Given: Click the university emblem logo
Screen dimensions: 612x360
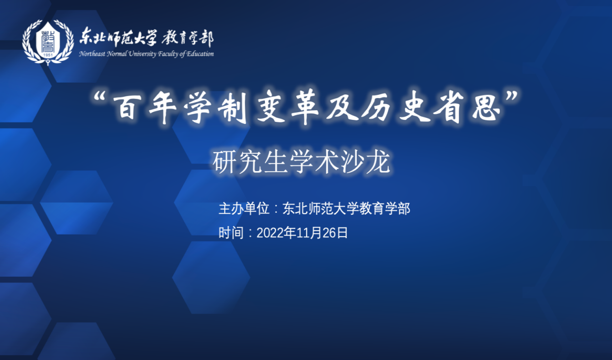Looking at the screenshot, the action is click(x=48, y=42).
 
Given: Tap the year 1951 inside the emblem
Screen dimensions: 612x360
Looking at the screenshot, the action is click(x=48, y=55).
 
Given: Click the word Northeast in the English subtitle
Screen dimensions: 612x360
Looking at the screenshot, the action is click(x=92, y=54).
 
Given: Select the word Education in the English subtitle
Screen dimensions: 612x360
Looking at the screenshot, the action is click(x=200, y=54).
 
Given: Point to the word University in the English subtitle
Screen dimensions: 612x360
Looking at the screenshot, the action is click(x=142, y=54).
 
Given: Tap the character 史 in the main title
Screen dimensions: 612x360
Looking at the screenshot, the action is click(x=415, y=107).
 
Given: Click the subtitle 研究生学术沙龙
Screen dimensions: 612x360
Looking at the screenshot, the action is click(x=301, y=162).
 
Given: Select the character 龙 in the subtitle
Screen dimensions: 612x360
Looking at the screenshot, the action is click(x=379, y=162).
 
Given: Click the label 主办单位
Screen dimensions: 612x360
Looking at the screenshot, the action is click(x=244, y=209).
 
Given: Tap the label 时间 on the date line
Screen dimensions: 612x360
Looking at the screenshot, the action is click(x=231, y=233).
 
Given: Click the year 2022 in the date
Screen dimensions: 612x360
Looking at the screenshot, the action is click(x=270, y=233).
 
